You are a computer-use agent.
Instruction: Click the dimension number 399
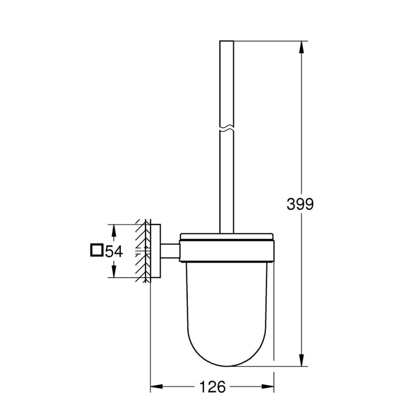pos(300,204)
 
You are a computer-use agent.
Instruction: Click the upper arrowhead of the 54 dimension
pos(114,230)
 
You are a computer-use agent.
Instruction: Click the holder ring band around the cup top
pos(226,251)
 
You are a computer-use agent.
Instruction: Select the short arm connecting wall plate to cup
pos(169,251)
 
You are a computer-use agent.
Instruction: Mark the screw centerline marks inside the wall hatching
pos(141,251)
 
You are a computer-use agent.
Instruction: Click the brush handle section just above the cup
pos(226,213)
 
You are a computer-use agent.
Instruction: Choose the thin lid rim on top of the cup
pos(226,237)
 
